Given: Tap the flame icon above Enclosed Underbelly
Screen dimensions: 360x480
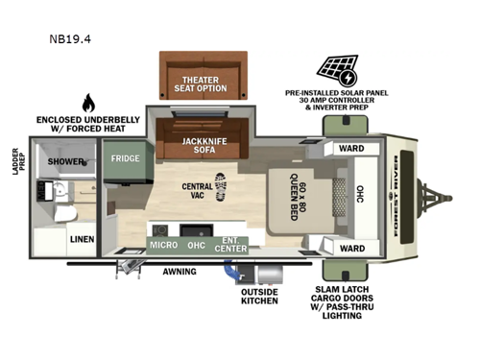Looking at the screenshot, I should [88, 103].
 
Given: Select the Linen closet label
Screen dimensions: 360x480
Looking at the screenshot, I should [80, 242].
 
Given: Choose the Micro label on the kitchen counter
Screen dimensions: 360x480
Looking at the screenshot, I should [163, 244].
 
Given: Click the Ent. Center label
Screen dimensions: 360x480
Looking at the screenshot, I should [229, 244].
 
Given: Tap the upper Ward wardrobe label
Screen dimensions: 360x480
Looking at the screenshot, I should [350, 148].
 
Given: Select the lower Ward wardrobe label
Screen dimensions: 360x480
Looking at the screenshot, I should [350, 249].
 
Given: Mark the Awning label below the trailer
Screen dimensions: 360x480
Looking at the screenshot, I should [179, 272].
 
